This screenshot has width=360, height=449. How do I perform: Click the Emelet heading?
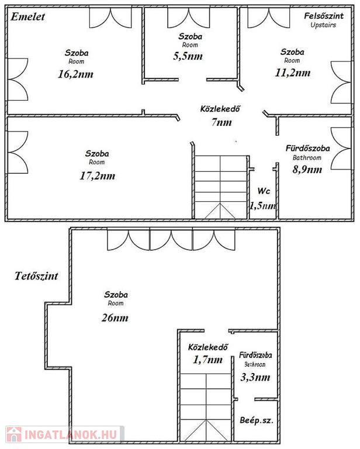coord(27,16)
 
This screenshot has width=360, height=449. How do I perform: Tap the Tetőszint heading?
coord(36,276)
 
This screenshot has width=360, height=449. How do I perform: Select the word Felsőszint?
coord(324,16)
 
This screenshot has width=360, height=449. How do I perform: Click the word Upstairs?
coord(323,25)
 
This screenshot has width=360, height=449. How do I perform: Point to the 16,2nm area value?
coord(75,74)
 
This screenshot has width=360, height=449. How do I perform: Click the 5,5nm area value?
coord(188,56)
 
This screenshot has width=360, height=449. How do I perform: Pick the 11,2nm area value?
coord(292,72)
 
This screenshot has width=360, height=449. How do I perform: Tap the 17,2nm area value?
coord(97,175)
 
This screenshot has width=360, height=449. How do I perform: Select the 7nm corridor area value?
coord(221,122)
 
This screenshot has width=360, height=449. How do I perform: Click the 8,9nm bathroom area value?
coord(307,169)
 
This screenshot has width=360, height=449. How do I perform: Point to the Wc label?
coord(264,191)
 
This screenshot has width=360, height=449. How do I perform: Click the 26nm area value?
coord(115,318)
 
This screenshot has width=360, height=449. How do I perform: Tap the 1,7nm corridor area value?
coord(207,360)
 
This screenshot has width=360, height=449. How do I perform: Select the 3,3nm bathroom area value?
coord(255,377)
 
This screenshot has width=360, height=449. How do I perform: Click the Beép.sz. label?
coord(257,420)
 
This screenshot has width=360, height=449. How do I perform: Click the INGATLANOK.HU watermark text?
coord(71,434)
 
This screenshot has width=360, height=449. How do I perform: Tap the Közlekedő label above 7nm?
coord(220,109)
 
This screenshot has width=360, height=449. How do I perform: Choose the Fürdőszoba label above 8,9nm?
coord(307,148)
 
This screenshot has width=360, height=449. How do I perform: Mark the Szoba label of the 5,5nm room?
coord(191,36)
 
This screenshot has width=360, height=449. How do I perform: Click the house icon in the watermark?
coord(14,434)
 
